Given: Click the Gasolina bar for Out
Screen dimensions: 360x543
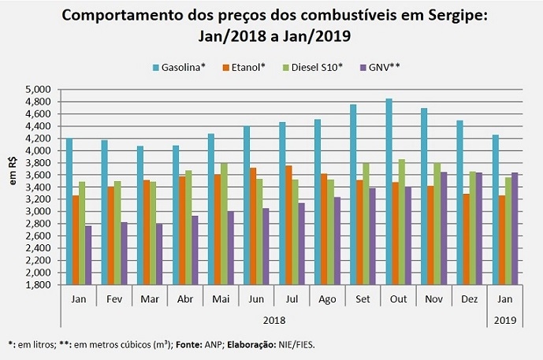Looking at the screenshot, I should [x=389, y=191].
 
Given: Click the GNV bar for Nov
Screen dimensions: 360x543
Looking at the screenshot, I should [x=443, y=228].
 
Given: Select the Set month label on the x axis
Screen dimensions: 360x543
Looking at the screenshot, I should [x=363, y=299].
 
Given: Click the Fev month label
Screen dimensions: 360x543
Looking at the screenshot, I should [x=113, y=299].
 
